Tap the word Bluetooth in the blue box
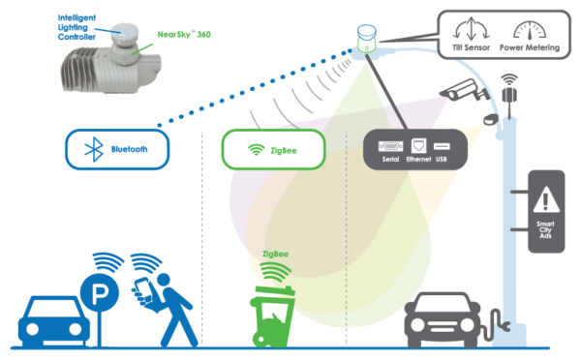(128, 150)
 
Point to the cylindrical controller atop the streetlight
(367, 40)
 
